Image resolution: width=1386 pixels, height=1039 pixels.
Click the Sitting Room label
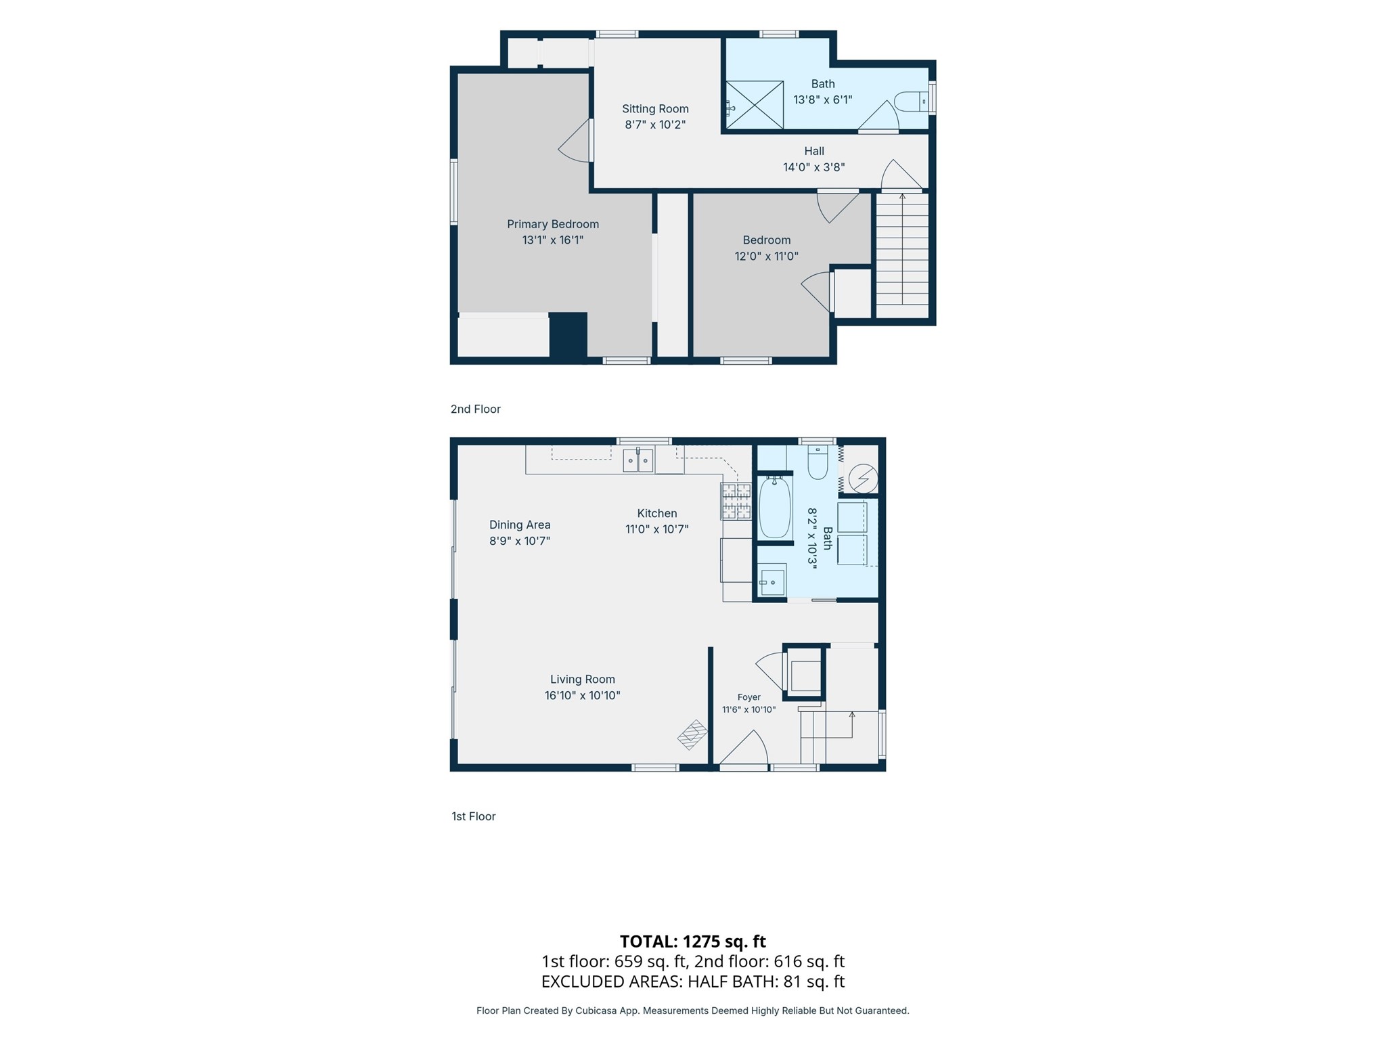pyautogui.click(x=655, y=109)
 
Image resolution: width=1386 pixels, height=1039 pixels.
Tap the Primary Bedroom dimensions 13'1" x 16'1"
pyautogui.click(x=553, y=240)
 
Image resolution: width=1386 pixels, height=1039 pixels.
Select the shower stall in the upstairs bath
pyautogui.click(x=755, y=105)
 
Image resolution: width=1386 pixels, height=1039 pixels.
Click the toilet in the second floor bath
pyautogui.click(x=912, y=102)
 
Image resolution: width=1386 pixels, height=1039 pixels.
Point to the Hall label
pyautogui.click(x=814, y=151)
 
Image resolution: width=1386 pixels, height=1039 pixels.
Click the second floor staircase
pyautogui.click(x=902, y=255)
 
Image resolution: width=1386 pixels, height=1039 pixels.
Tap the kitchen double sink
pyautogui.click(x=638, y=460)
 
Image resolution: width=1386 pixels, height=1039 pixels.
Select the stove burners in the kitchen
pyautogui.click(x=736, y=501)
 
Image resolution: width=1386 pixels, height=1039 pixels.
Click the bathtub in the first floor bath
pyautogui.click(x=775, y=508)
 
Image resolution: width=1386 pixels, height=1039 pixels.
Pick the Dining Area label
pyautogui.click(x=520, y=525)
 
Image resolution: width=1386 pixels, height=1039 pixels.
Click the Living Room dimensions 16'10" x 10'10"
pyautogui.click(x=583, y=695)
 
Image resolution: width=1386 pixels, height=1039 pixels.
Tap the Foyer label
pyautogui.click(x=749, y=697)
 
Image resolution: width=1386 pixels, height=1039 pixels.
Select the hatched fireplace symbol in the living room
pyautogui.click(x=692, y=734)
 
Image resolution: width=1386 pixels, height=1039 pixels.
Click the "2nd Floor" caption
pyautogui.click(x=476, y=409)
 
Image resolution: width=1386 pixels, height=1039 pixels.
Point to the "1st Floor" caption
pyautogui.click(x=474, y=816)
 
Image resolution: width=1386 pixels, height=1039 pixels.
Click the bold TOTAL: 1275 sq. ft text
pyautogui.click(x=693, y=942)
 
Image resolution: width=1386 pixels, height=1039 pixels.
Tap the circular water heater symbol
pyautogui.click(x=863, y=479)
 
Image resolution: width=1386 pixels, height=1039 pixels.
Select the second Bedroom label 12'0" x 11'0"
pyautogui.click(x=767, y=248)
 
